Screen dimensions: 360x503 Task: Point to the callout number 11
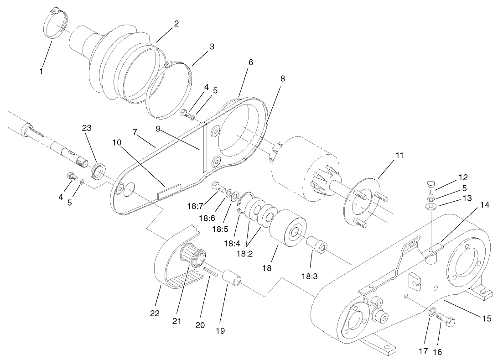click(x=399, y=155)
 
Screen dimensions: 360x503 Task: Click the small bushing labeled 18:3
click(x=317, y=244)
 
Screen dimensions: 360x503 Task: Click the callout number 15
click(x=487, y=318)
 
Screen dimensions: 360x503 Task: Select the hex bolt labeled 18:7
click(x=218, y=187)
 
